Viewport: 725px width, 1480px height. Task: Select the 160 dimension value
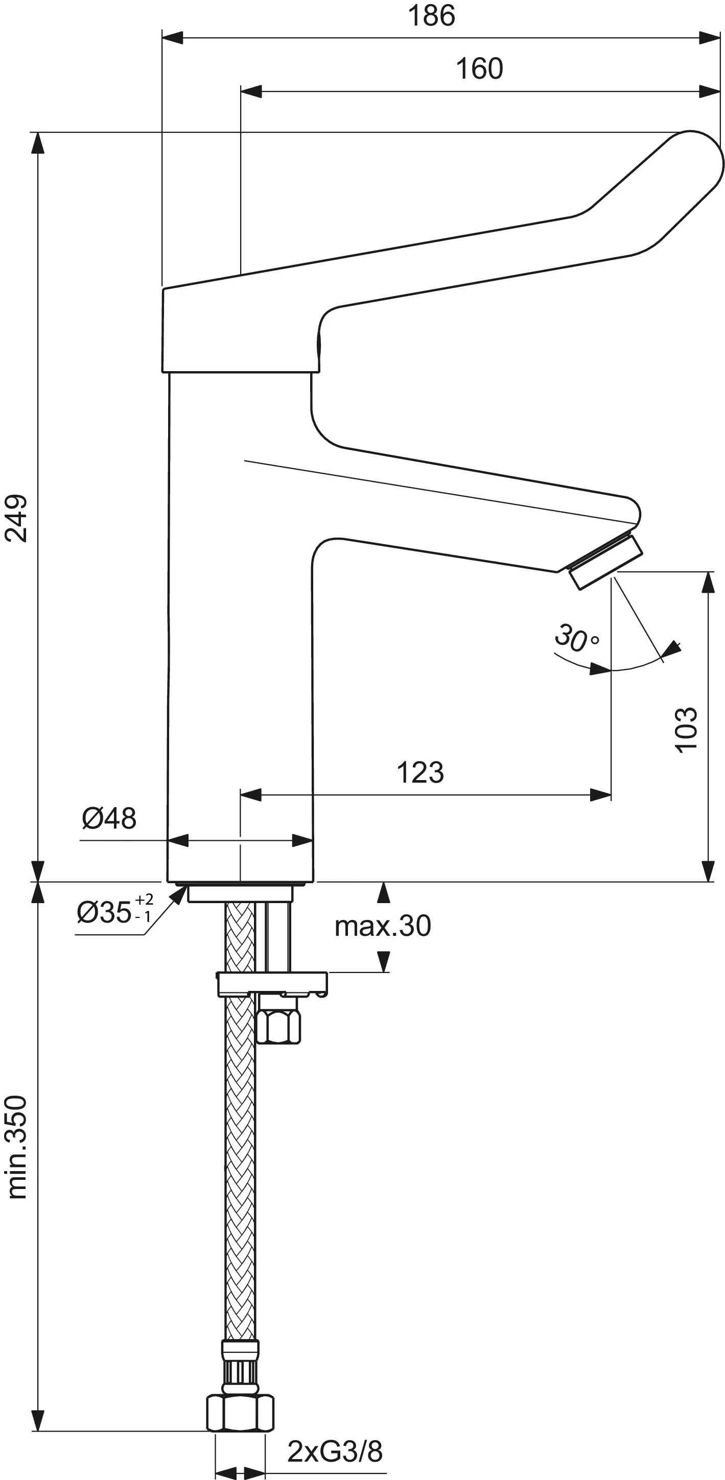click(479, 69)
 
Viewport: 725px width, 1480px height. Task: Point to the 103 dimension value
click(685, 729)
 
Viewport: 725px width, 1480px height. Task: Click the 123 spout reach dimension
click(420, 773)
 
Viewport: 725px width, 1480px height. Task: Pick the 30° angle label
click(576, 638)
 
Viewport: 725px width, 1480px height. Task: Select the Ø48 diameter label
click(109, 818)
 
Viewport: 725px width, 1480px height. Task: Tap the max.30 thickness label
click(383, 926)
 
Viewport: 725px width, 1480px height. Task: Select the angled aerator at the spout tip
click(605, 562)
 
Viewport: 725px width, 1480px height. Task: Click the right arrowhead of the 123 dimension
click(600, 795)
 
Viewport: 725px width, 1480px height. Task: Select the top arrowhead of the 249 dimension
click(38, 143)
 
